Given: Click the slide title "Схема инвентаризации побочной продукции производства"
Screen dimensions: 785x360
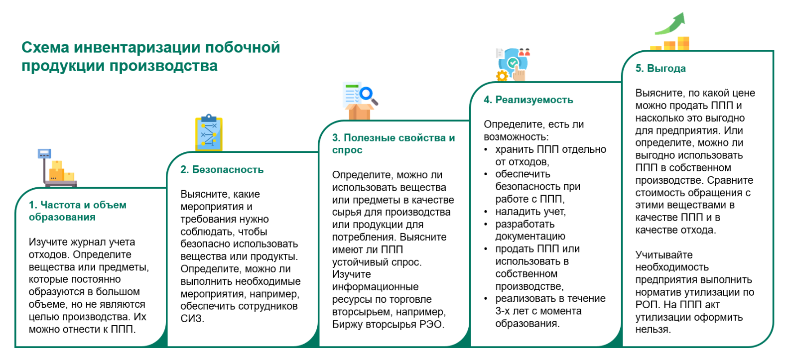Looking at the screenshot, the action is [x=150, y=56].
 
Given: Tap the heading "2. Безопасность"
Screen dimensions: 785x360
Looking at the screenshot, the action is [x=222, y=169].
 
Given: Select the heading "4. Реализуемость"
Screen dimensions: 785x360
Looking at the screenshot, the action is [x=528, y=100].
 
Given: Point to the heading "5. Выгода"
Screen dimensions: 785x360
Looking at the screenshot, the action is [x=660, y=68].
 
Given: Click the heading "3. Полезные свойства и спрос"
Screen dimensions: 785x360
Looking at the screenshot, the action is [x=393, y=143].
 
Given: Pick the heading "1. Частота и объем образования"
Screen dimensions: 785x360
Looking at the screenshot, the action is [x=77, y=211].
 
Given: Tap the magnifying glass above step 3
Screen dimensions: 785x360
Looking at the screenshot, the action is [x=368, y=94].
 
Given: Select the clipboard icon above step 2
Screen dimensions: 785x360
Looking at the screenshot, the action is [x=209, y=133].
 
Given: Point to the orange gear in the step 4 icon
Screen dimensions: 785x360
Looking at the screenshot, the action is [x=502, y=76].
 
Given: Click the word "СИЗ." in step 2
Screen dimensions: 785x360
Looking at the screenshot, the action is [x=192, y=319].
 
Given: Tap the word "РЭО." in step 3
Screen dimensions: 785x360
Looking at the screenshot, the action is [x=431, y=324].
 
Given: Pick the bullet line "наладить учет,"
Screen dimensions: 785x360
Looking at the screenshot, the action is [x=530, y=212].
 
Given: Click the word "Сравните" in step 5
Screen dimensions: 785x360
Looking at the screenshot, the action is [x=730, y=180].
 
